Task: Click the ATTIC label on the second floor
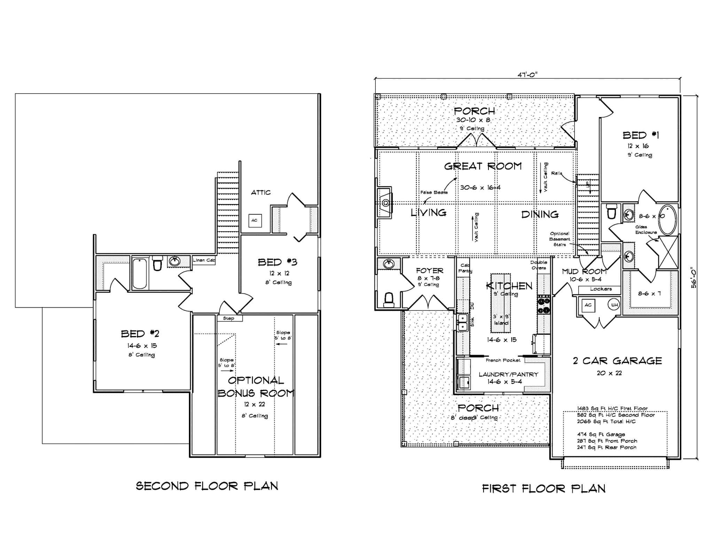[x=261, y=192]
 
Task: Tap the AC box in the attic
[x=255, y=220]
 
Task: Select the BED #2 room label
[x=140, y=334]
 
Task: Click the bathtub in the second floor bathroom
[x=140, y=273]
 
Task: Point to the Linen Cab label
[x=204, y=260]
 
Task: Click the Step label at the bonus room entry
[x=229, y=318]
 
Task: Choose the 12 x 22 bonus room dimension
[x=254, y=404]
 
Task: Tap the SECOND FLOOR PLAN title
[x=207, y=486]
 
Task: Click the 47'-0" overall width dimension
[x=527, y=74]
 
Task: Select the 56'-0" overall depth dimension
[x=694, y=277]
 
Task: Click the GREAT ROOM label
[x=483, y=166]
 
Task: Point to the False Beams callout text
[x=434, y=192]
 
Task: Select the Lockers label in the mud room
[x=601, y=289]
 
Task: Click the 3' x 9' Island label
[x=501, y=320]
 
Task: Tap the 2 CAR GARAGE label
[x=617, y=361]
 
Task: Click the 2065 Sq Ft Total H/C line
[x=606, y=421]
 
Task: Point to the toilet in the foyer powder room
[x=389, y=299]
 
